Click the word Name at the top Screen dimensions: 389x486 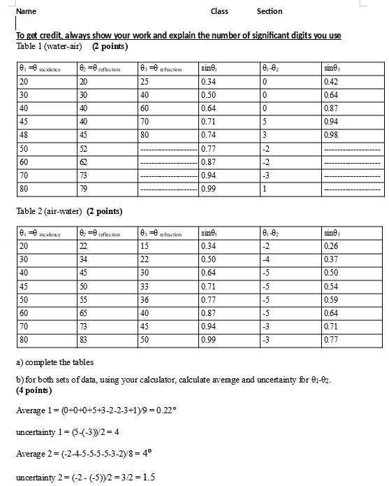(x=26, y=11)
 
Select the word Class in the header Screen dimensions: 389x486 (x=219, y=11)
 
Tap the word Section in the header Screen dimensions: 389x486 (x=270, y=11)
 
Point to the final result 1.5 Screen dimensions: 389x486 (x=147, y=478)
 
